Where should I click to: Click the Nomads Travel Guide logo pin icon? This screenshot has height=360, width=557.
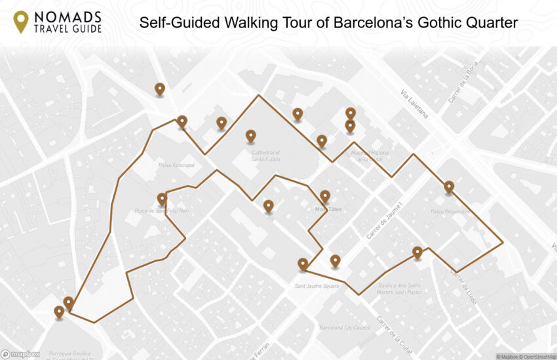pos(21,21)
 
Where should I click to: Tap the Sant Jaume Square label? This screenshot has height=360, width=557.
pos(317,286)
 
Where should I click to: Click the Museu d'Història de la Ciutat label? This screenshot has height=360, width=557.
pos(370,156)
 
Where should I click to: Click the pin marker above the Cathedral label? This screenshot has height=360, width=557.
pos(250,136)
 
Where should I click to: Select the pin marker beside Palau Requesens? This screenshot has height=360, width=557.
pos(449,187)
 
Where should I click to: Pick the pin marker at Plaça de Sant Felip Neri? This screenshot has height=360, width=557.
pos(162,199)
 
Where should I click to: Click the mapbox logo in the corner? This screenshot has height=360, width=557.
pos(21,354)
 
